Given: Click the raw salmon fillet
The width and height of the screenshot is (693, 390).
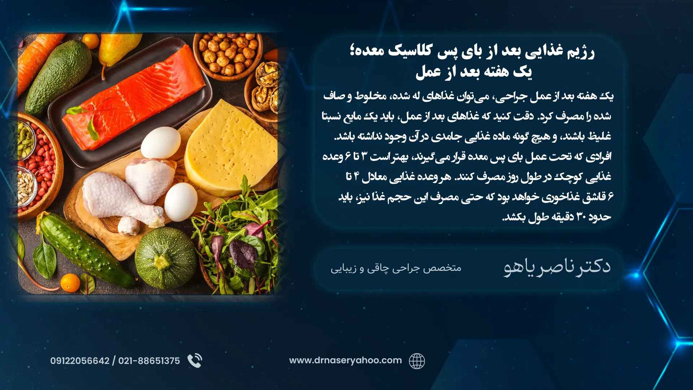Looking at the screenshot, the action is (134, 97).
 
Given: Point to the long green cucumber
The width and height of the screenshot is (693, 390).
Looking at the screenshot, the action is (85, 251).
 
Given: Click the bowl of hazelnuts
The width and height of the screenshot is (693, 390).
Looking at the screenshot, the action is (228, 54).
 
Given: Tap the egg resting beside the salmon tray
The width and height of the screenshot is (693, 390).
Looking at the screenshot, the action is (161, 143).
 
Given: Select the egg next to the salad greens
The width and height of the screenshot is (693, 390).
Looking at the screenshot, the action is (181, 202).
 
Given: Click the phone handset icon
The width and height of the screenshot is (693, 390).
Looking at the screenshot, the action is (195, 360).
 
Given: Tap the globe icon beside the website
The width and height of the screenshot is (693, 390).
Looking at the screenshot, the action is (417, 361).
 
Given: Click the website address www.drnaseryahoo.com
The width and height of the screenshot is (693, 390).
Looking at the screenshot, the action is (345, 360).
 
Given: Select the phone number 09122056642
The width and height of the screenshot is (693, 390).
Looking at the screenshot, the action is (80, 361).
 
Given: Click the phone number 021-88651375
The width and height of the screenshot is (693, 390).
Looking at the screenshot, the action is (149, 361).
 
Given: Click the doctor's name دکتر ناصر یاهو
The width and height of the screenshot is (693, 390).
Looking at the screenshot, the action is (557, 267).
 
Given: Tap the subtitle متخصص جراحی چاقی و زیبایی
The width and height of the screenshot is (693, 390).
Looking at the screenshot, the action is (396, 268).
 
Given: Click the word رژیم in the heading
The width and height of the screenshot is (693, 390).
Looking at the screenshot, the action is (581, 52).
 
